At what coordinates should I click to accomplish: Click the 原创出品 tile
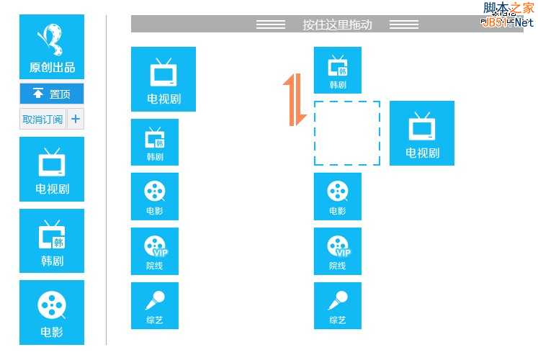point(52,47)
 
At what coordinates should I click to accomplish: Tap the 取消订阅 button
point(42,119)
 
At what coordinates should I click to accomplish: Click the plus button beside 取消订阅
point(76,119)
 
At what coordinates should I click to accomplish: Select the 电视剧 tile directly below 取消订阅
point(52,169)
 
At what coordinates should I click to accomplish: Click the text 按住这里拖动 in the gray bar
point(337,24)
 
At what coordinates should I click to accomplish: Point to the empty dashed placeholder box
point(347,133)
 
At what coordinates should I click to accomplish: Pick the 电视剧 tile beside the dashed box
point(422,133)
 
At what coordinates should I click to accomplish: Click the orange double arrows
point(290,99)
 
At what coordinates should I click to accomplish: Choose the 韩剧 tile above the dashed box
point(338,71)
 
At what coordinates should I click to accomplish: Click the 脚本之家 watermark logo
point(508,13)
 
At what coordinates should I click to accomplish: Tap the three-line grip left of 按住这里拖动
point(271,24)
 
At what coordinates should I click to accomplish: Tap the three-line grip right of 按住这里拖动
point(404,24)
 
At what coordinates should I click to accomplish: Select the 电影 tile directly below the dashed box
point(338,196)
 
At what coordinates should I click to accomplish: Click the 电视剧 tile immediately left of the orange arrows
point(163,79)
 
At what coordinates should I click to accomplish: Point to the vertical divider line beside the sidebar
point(107,180)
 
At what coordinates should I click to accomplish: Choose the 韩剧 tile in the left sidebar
point(52,240)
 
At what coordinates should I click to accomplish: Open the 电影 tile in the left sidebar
point(52,312)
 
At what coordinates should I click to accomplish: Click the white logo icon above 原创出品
point(51,39)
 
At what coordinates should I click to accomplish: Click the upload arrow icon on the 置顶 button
point(38,94)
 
